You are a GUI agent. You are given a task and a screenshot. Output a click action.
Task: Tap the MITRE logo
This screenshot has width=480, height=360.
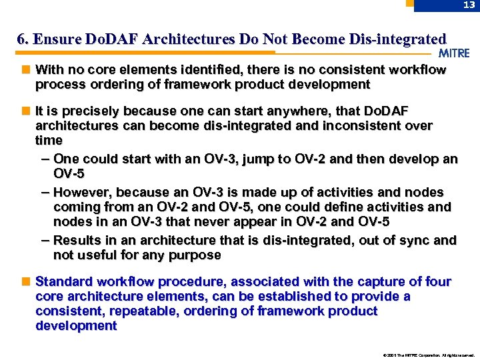point(454,53)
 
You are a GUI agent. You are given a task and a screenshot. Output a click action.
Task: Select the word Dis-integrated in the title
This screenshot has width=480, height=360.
point(401,39)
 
